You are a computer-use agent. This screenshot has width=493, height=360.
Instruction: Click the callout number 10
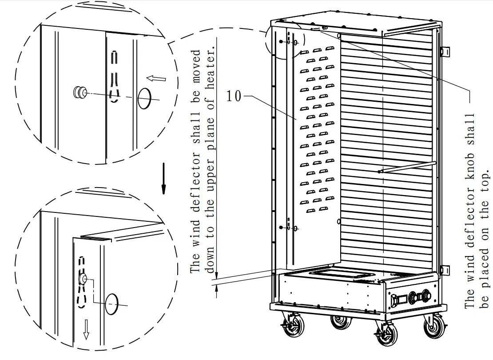tap(234, 96)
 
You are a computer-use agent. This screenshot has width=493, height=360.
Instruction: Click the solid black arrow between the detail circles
tap(163, 178)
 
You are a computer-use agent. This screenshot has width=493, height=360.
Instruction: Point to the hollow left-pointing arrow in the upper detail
tap(156, 79)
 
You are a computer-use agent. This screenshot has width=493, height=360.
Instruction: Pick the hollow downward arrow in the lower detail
tap(86, 328)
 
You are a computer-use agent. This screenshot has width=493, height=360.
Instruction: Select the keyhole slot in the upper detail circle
tap(115, 78)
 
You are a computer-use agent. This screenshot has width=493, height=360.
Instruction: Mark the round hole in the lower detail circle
tap(112, 304)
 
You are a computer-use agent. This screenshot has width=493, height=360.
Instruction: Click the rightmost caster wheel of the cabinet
tap(434, 327)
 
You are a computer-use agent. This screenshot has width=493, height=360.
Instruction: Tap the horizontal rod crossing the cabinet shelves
tap(406, 167)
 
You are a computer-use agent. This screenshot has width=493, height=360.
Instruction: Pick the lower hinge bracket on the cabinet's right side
tap(444, 270)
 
